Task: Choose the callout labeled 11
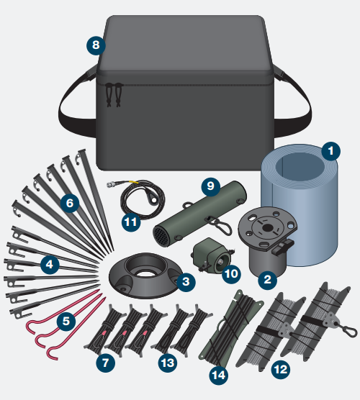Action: tap(130, 222)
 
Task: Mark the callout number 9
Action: tap(210, 186)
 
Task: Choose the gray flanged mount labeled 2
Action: tap(268, 241)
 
